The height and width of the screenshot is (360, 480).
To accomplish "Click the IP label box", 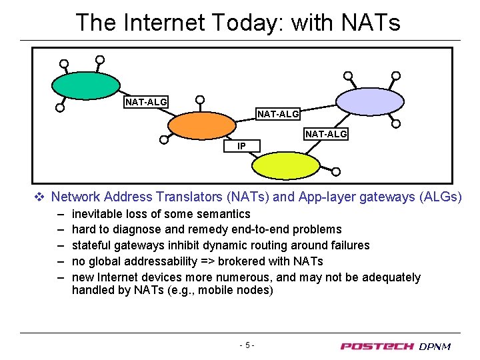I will [x=241, y=146].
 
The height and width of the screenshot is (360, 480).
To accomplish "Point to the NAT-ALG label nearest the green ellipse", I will [x=147, y=102].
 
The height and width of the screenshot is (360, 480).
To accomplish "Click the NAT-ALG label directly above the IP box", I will [x=279, y=114].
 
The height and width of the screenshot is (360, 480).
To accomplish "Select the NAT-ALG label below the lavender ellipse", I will [x=326, y=135].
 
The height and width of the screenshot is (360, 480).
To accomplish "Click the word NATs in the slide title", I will [x=371, y=23].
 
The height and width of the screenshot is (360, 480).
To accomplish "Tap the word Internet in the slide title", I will [x=166, y=23].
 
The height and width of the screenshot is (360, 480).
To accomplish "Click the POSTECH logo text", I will [x=377, y=346].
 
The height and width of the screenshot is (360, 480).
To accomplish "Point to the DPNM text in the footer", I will [x=435, y=346].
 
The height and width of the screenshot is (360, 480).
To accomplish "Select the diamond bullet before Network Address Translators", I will [x=39, y=197].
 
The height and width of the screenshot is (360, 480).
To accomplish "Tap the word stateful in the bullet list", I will [x=92, y=245].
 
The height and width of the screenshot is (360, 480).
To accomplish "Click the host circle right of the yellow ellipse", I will [x=336, y=171].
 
